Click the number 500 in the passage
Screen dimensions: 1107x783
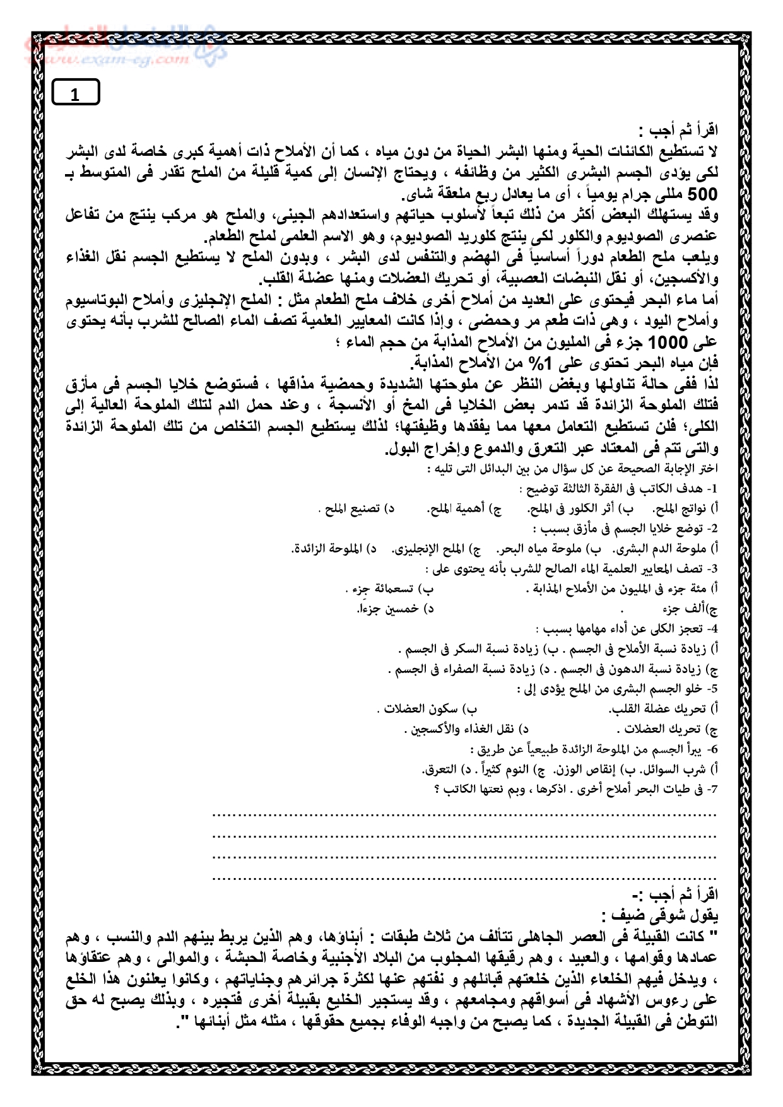tap(702, 194)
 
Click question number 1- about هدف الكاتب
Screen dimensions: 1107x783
tap(712, 489)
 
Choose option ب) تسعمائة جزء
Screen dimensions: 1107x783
tap(391, 589)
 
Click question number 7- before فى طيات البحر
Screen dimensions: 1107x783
tap(712, 789)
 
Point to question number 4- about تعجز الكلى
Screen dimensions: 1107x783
tap(712, 629)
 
